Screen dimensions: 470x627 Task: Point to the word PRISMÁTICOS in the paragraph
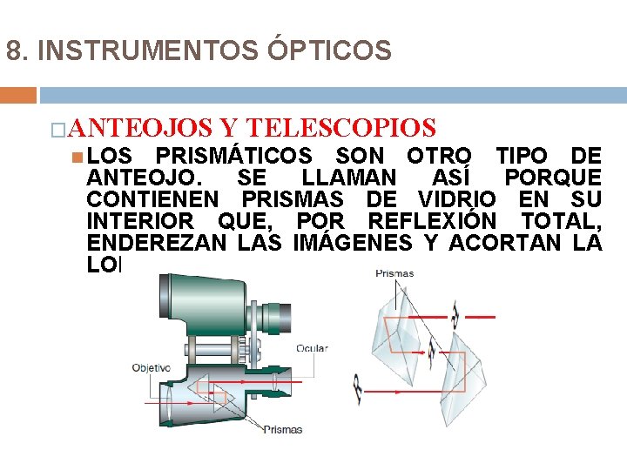pyautogui.click(x=233, y=157)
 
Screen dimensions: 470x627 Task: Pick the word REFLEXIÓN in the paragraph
pyautogui.click(x=432, y=221)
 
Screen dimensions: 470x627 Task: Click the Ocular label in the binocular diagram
pyautogui.click(x=312, y=348)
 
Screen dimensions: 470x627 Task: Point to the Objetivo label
pyautogui.click(x=151, y=367)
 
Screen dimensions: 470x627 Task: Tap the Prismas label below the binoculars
pyautogui.click(x=283, y=429)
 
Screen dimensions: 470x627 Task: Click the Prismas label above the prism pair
pyautogui.click(x=394, y=273)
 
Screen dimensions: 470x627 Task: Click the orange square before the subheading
pyautogui.click(x=57, y=130)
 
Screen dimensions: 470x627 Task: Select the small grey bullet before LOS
pyautogui.click(x=78, y=157)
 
